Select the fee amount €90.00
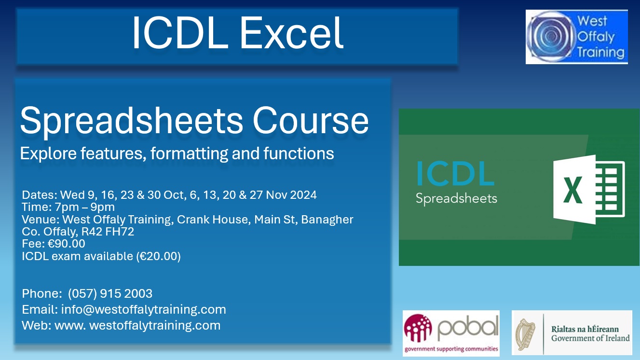point(67,244)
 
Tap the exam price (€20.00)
point(158,256)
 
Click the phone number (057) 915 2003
point(110,293)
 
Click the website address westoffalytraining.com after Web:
point(155,325)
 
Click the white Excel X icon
point(573,190)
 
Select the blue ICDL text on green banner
point(454,174)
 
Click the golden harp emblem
point(526,332)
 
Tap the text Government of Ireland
point(590,338)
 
